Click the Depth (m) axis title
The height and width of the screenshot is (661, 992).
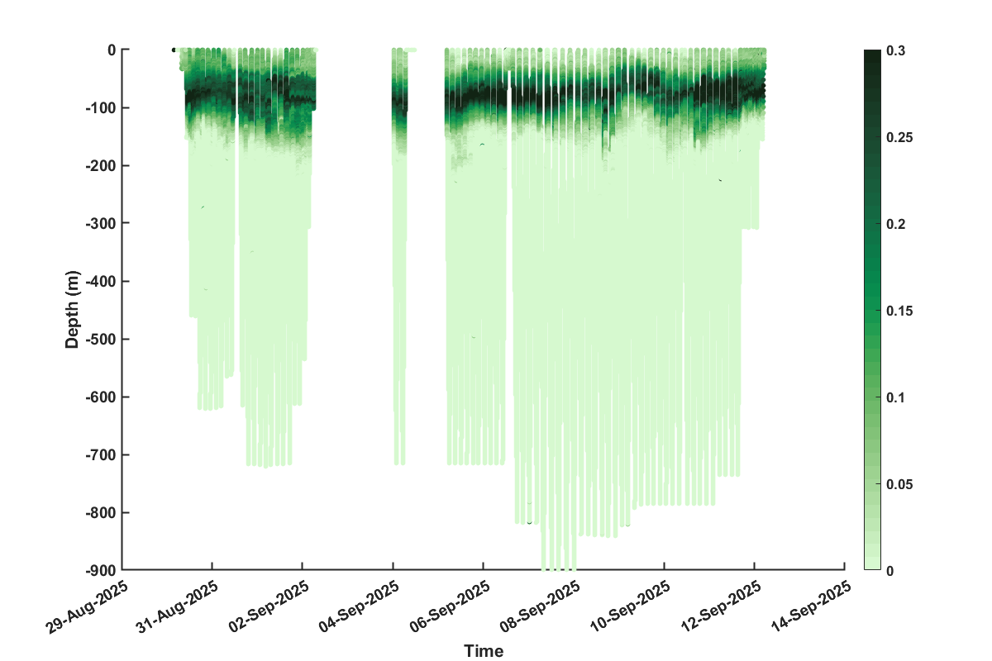click(x=74, y=310)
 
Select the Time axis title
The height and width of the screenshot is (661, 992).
click(x=484, y=651)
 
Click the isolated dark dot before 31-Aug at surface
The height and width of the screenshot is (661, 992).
click(x=174, y=50)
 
